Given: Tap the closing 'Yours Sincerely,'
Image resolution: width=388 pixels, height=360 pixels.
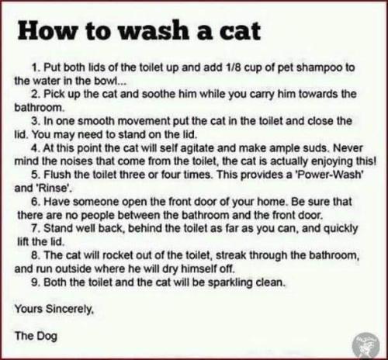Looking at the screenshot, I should pos(54,309).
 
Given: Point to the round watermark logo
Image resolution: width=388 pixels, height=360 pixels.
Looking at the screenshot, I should pos(365,341).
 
